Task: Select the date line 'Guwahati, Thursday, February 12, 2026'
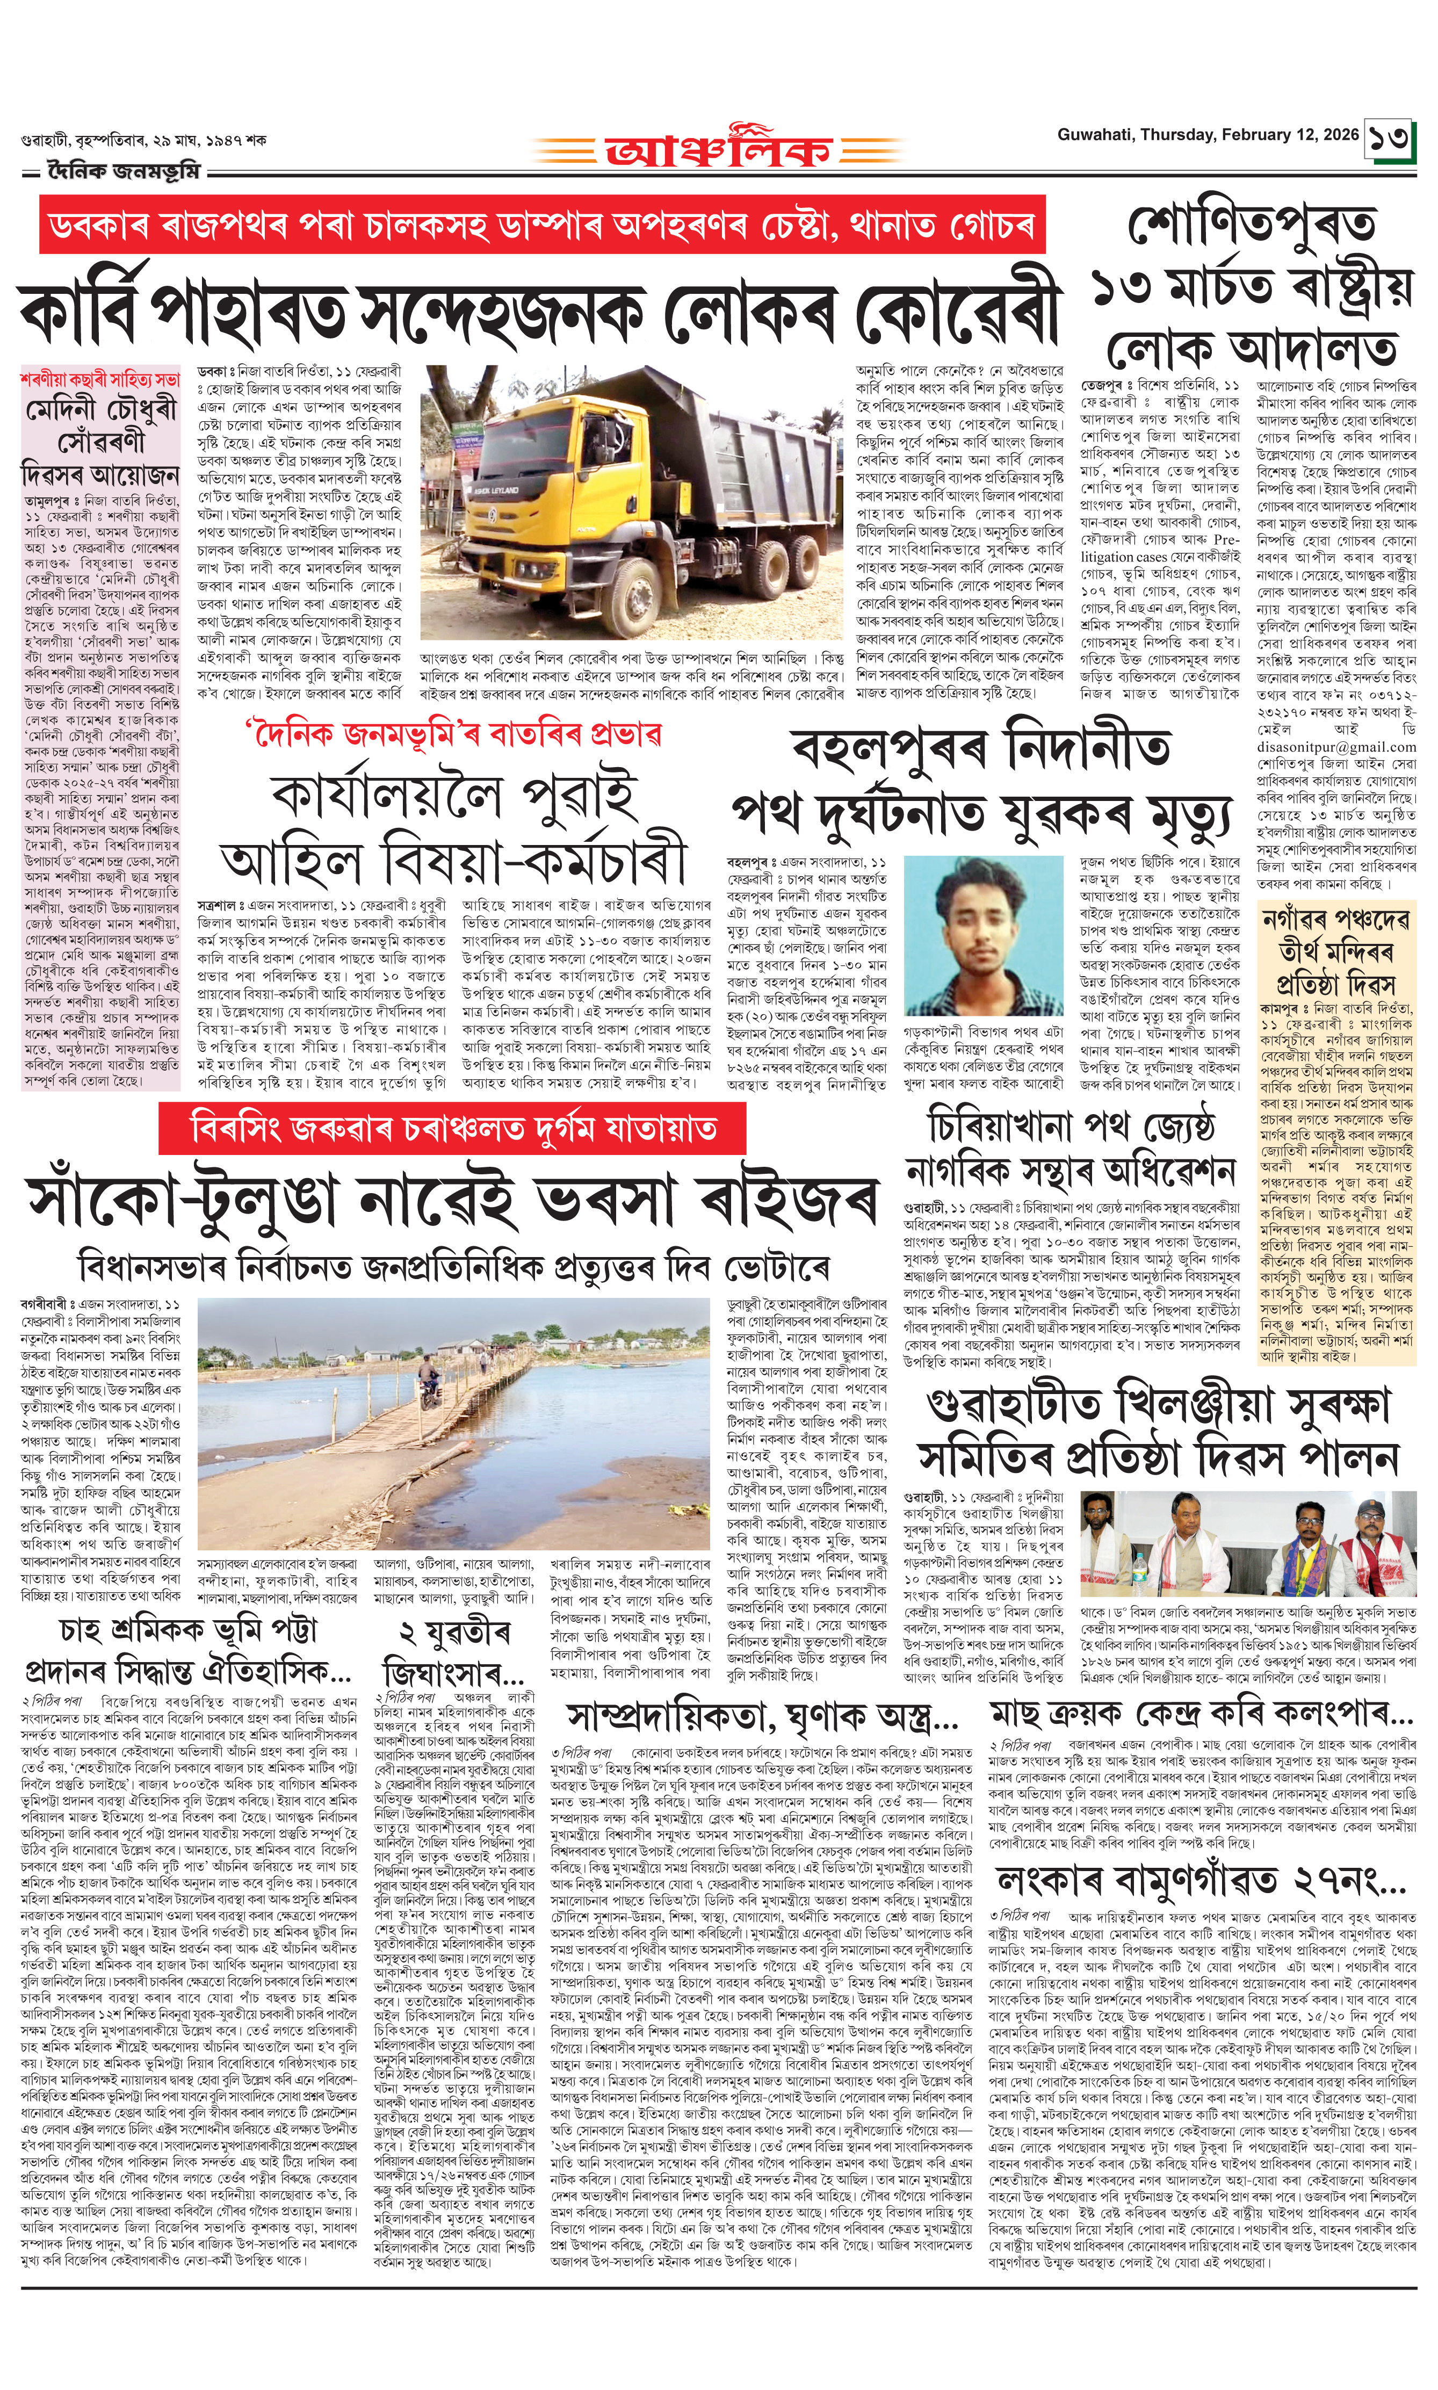[x=1208, y=135]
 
